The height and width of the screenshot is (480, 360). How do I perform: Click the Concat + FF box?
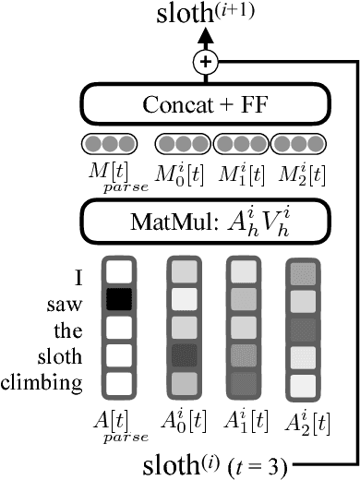pyautogui.click(x=202, y=104)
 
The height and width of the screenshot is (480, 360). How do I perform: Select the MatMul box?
pyautogui.click(x=202, y=221)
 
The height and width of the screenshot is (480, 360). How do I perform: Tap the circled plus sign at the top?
pyautogui.click(x=202, y=63)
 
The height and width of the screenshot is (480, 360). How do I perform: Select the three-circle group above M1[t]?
pyautogui.click(x=240, y=143)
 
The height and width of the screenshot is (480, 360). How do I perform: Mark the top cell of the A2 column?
pyautogui.click(x=302, y=273)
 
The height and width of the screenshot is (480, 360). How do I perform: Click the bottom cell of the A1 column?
pyautogui.click(x=242, y=381)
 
